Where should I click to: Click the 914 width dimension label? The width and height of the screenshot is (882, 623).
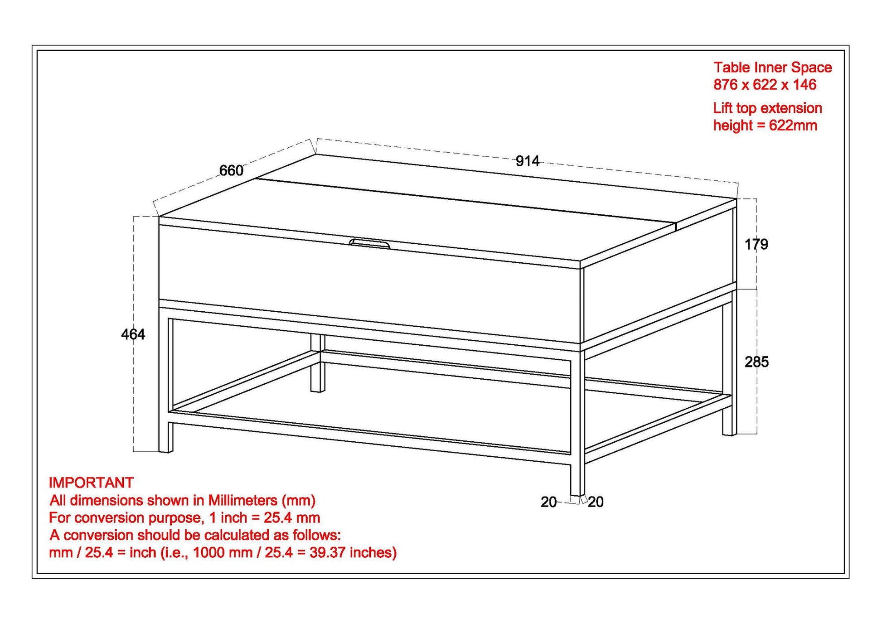pos(527,161)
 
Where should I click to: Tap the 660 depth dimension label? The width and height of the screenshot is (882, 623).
pos(231,170)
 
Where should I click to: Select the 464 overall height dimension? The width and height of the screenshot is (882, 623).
pos(133,334)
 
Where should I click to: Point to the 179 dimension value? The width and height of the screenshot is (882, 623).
pos(756,245)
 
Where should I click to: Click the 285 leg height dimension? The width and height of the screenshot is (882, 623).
pos(756,362)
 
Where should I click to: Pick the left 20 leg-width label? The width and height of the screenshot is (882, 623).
pos(548,502)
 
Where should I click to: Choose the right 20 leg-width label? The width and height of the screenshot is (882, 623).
pos(596,502)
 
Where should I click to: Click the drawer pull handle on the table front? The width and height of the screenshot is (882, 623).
pos(369,244)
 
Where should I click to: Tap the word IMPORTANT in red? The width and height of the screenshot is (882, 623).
pos(91,483)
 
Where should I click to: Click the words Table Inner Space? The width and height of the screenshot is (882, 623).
pos(772,68)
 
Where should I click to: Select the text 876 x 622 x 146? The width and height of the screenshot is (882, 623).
pos(765,85)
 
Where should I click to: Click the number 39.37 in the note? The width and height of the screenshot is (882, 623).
pos(328,553)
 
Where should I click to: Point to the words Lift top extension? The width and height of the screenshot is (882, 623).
pos(767,108)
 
